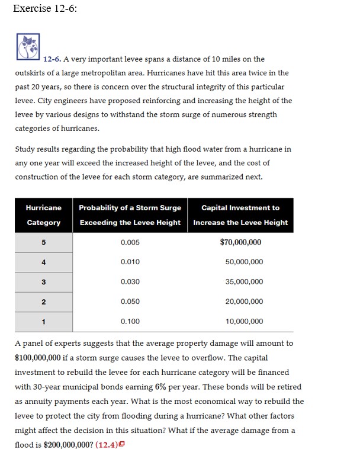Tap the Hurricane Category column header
(43, 215)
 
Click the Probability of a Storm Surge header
(130, 215)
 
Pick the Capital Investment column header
(240, 215)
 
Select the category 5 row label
(43, 242)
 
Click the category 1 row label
(43, 321)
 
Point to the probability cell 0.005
(130, 242)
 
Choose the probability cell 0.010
(130, 262)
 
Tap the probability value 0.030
(130, 282)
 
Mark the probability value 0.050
(130, 302)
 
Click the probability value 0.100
(130, 321)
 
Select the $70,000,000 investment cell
(240, 242)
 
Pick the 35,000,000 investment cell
(244, 282)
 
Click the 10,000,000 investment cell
(244, 321)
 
